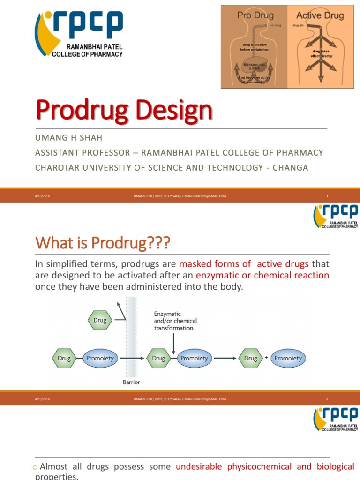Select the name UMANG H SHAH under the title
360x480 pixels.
pyautogui.click(x=69, y=138)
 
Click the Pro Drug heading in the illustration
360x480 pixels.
pyautogui.click(x=255, y=15)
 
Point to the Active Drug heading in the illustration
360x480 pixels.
pyautogui.click(x=320, y=15)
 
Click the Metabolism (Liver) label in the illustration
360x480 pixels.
pyautogui.click(x=255, y=66)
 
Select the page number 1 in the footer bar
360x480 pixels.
pyautogui.click(x=327, y=196)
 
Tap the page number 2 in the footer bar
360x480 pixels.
pyautogui.click(x=327, y=399)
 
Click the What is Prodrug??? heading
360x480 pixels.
pyautogui.click(x=103, y=243)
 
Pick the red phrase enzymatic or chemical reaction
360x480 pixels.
pyautogui.click(x=262, y=275)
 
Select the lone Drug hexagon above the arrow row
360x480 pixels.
pyautogui.click(x=99, y=321)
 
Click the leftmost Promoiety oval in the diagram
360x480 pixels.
pyautogui.click(x=100, y=358)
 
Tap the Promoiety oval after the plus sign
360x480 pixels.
pyautogui.click(x=288, y=358)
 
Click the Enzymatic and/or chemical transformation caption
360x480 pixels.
pyautogui.click(x=175, y=321)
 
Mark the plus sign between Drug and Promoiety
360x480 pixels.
pyautogui.click(x=266, y=358)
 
